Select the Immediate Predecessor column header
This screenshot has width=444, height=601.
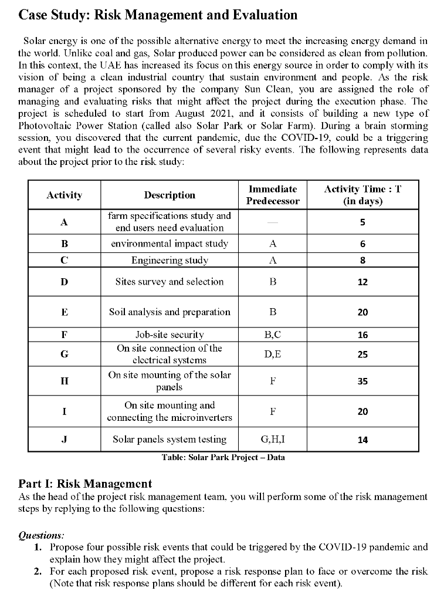click(x=273, y=195)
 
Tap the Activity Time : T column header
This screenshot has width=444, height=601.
click(x=362, y=195)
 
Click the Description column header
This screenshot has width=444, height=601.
click(x=170, y=195)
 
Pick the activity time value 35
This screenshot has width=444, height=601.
click(x=362, y=381)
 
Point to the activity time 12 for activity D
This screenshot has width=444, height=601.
click(x=362, y=282)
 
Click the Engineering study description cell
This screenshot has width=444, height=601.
click(x=170, y=260)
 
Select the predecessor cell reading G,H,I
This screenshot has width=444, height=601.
click(x=273, y=439)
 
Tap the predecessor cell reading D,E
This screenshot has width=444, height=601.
click(x=273, y=354)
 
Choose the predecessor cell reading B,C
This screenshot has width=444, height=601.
click(x=273, y=335)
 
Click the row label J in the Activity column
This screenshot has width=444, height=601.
click(x=64, y=439)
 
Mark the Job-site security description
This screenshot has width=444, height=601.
click(x=170, y=335)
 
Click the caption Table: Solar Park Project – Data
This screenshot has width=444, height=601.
click(x=223, y=457)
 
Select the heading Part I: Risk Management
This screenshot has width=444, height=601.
click(x=85, y=484)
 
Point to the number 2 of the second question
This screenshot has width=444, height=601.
click(x=38, y=571)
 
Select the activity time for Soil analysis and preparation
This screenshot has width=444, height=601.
click(x=362, y=312)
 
